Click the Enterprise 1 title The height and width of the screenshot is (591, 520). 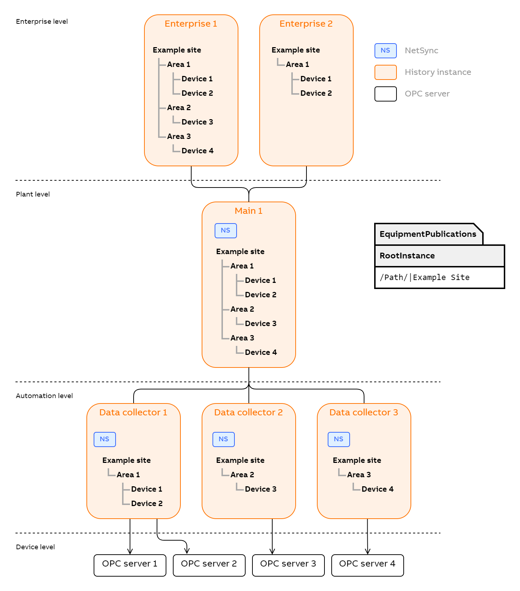pos(191,24)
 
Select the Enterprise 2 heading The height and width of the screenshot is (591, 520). pos(306,24)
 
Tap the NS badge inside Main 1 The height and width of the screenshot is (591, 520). pos(226,231)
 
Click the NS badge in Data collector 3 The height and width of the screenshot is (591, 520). pos(339,439)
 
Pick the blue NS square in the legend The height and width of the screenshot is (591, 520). pos(385,51)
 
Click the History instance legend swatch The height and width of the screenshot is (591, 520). pos(385,72)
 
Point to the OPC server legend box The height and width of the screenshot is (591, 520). pos(385,94)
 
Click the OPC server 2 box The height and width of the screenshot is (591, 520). pos(209,565)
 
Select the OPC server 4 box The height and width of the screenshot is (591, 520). pos(367,565)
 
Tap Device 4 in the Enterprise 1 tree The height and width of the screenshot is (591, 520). pos(197,151)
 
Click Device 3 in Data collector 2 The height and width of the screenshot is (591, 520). pos(260,489)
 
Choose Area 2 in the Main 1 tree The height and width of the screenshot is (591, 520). pos(242,309)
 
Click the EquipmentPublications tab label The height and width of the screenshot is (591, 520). pos(428,234)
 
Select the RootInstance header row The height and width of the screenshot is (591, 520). pos(439,256)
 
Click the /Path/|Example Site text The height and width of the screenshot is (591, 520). pos(425,278)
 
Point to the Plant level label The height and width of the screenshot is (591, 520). pos(33,194)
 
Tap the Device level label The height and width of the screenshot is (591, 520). pos(35,547)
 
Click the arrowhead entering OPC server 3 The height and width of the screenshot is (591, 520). pos(272,551)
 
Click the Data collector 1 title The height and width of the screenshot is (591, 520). pos(133,412)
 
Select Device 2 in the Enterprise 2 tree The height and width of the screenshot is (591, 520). pos(316,93)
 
